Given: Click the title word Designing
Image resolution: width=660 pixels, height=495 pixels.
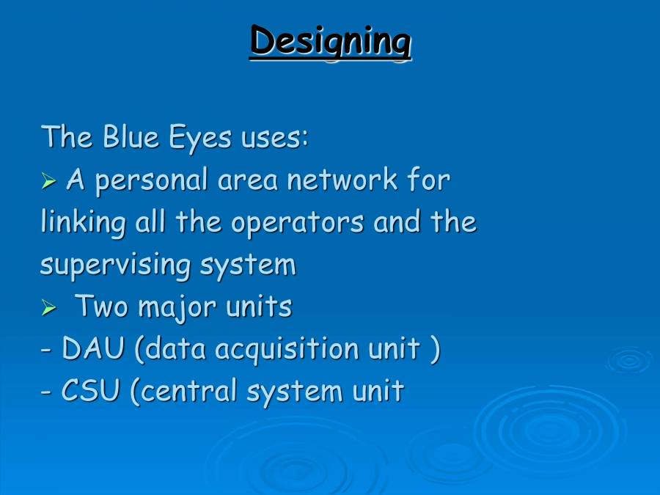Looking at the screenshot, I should (330, 40).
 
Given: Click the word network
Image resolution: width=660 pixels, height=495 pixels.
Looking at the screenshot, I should (342, 180).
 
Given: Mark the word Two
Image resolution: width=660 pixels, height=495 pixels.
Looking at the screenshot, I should (102, 307).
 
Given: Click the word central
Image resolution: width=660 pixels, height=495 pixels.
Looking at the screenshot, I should (189, 392).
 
